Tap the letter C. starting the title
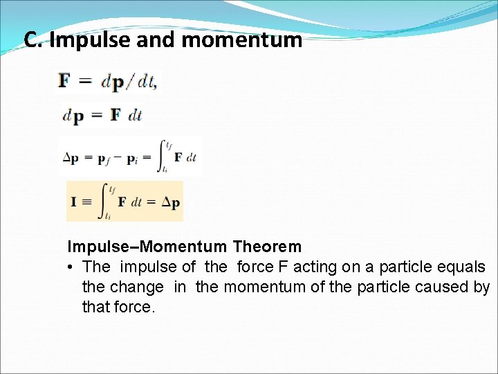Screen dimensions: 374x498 click(x=34, y=40)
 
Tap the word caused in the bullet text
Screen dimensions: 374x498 click(x=447, y=287)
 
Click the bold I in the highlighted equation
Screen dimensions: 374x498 click(x=73, y=202)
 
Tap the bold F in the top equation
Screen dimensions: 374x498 click(x=64, y=82)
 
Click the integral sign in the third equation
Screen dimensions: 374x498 click(x=164, y=157)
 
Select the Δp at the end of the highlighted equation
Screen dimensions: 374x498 click(x=170, y=202)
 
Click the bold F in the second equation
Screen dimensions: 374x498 click(x=114, y=115)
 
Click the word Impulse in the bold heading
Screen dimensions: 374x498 click(x=95, y=247)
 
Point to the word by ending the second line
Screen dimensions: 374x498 click(x=481, y=287)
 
